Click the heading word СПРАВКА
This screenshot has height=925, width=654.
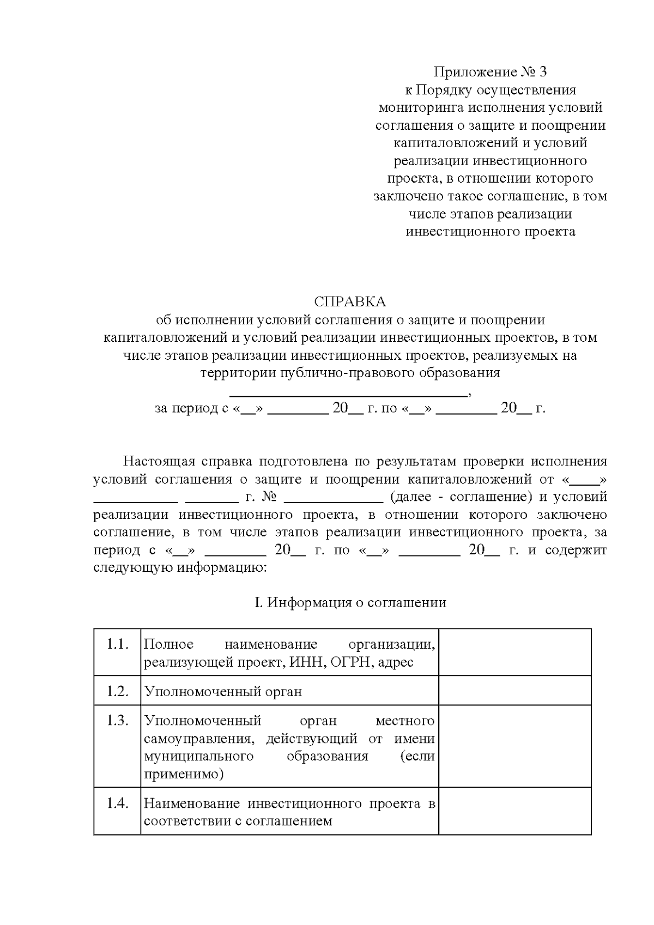click(x=349, y=301)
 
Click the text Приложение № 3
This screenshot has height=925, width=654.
click(x=489, y=71)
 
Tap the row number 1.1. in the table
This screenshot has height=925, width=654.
click(x=117, y=644)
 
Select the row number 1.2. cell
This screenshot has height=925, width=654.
click(x=117, y=691)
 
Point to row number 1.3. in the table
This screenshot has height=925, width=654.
click(x=117, y=721)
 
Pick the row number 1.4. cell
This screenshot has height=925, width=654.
click(x=117, y=803)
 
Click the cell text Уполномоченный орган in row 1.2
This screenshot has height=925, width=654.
click(x=223, y=692)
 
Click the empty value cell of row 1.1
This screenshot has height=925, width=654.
click(x=514, y=652)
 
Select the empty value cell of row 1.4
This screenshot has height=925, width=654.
click(x=514, y=811)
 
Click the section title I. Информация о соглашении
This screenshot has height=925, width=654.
click(x=350, y=602)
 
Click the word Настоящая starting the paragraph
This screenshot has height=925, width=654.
click(x=159, y=461)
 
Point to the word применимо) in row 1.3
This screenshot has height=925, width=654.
click(x=184, y=774)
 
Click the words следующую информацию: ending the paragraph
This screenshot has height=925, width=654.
click(x=180, y=568)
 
